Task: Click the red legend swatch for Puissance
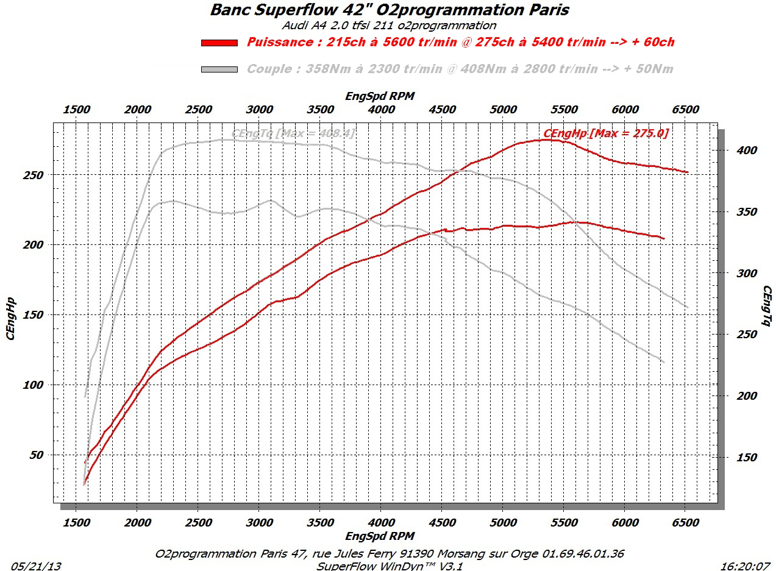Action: tap(219, 43)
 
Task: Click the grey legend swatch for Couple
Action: tap(219, 69)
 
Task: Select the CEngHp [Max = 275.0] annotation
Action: tap(605, 133)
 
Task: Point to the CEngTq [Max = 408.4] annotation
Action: tap(293, 133)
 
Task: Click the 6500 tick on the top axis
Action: tap(685, 110)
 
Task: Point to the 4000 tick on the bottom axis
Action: tap(381, 523)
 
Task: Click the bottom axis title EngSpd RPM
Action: tap(380, 536)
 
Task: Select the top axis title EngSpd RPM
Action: tap(380, 96)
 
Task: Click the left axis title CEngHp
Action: tap(10, 317)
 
